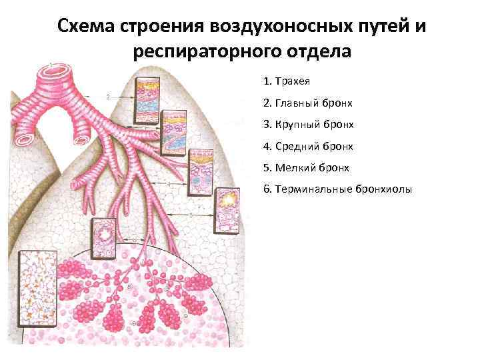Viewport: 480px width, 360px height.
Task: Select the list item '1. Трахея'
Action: pyautogui.click(x=288, y=81)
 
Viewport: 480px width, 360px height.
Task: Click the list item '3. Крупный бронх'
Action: pyautogui.click(x=308, y=125)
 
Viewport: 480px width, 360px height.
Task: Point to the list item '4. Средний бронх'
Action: pyautogui.click(x=308, y=146)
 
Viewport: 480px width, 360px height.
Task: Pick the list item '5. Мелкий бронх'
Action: pyautogui.click(x=306, y=168)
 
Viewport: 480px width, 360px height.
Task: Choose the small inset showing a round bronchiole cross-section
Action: pyautogui.click(x=105, y=239)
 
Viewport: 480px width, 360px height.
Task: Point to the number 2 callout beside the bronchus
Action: pyautogui.click(x=107, y=97)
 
